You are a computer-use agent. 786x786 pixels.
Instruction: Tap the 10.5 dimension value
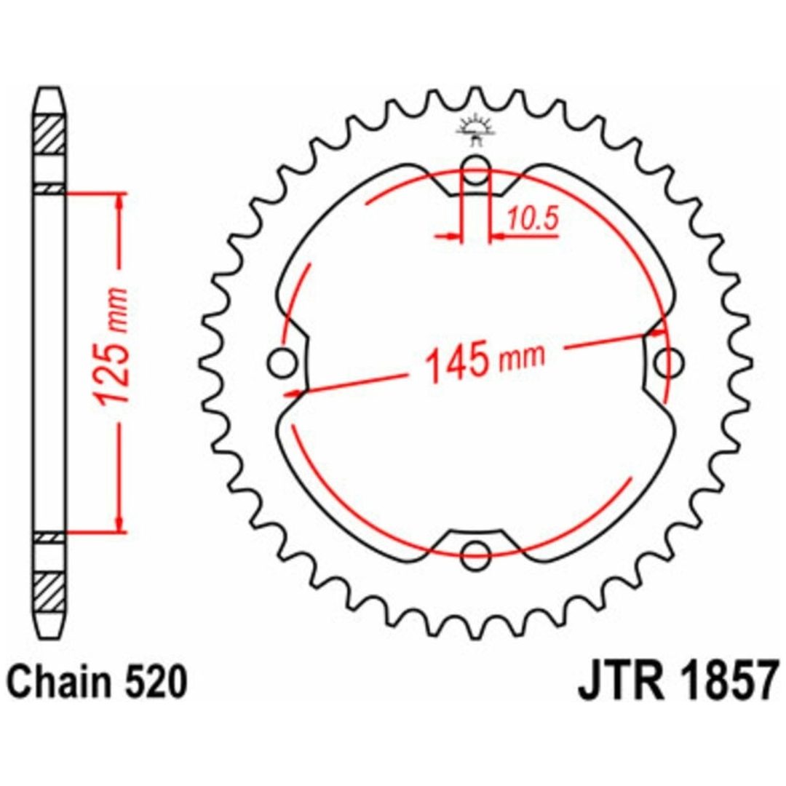click(532, 219)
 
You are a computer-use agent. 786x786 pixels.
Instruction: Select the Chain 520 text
click(98, 682)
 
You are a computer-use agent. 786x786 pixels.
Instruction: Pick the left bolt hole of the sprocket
click(282, 362)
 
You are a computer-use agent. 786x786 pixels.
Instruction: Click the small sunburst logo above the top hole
click(475, 129)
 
